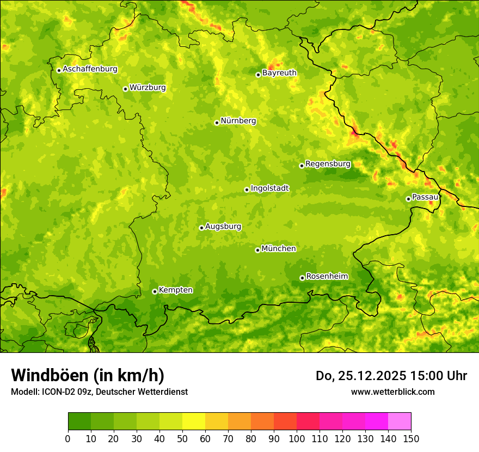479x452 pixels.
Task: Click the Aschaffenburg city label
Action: coord(90,69)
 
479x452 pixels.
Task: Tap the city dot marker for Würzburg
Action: coord(125,89)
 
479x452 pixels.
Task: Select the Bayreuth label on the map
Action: coord(279,73)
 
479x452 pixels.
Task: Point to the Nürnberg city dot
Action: coord(217,123)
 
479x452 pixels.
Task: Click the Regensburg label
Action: coord(328,164)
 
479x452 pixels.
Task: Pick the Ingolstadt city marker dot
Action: coord(247,190)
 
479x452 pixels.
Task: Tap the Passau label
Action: coord(425,197)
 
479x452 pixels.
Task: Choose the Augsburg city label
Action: coord(223,227)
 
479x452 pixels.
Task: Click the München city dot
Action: coord(257,250)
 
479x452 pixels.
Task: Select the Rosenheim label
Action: coord(327,277)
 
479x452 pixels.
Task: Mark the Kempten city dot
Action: coord(155,291)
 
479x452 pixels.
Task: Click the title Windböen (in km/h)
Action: coord(88,376)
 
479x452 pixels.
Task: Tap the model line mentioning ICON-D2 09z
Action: coord(99,392)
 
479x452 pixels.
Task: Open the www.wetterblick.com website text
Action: coord(392,392)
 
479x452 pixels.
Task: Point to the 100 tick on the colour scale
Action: coord(297,438)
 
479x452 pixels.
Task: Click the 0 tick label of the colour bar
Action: coord(68,438)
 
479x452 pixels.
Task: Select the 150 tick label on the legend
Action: coord(411,438)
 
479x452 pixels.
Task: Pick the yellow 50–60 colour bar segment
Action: coord(194,422)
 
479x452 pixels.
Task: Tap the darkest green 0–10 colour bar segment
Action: coord(79,422)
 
